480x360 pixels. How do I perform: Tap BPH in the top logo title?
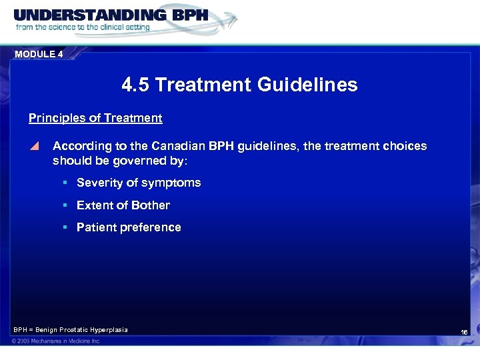coord(183,14)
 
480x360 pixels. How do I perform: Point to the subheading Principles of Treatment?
coord(95,118)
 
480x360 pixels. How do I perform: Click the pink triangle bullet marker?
coord(35,146)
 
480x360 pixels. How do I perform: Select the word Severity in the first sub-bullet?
coord(99,183)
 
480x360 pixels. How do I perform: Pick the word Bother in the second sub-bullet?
coord(151,205)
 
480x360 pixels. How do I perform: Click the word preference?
coord(150,227)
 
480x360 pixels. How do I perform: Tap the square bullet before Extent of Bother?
coord(65,205)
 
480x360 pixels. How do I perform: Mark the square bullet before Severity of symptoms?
coord(65,183)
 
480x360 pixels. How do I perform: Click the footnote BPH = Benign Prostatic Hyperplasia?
coord(70,330)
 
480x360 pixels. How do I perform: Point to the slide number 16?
coord(464,332)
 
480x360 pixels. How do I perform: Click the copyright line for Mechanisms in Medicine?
coord(56,341)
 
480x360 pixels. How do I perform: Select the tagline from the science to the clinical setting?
coord(83,28)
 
